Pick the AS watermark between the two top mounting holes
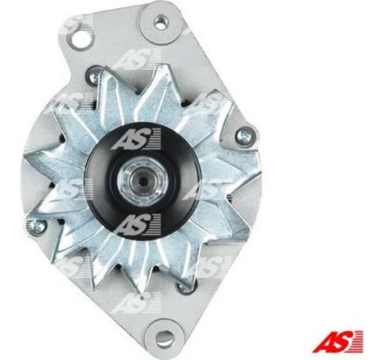coord(129,59)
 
